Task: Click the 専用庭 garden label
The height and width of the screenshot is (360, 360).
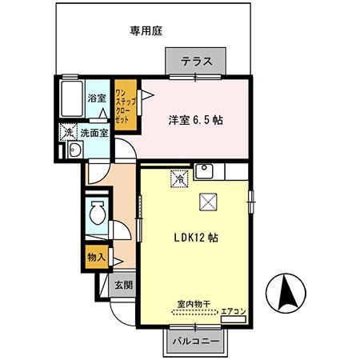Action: (x=146, y=31)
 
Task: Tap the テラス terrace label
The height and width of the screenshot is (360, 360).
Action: (x=197, y=62)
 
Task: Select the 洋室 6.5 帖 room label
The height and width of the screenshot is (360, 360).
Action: (x=195, y=120)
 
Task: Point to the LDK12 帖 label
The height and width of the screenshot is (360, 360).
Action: (x=196, y=238)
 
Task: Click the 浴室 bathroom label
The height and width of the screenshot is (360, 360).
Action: (x=97, y=98)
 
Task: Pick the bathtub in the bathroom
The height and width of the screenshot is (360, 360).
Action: (x=72, y=98)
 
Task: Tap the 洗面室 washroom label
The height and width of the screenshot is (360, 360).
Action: (x=94, y=133)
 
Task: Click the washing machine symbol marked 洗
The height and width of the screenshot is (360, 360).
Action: (x=69, y=132)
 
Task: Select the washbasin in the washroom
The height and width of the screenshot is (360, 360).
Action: (x=75, y=150)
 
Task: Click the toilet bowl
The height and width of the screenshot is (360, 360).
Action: (x=98, y=213)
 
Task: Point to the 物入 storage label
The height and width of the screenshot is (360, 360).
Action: (x=97, y=258)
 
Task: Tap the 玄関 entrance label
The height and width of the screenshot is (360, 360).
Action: (x=124, y=285)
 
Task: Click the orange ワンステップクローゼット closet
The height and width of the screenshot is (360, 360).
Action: (x=126, y=105)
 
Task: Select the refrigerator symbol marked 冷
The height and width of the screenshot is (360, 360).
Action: (x=180, y=178)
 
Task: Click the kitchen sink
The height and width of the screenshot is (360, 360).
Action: (x=204, y=171)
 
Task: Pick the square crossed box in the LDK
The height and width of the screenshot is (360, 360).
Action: (x=208, y=202)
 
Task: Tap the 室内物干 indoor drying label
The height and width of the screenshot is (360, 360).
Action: (x=194, y=304)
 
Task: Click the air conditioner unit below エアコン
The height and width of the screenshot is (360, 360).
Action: (x=234, y=319)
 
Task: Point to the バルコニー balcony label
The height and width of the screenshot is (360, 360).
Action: (x=196, y=341)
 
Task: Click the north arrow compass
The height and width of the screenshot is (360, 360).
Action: (x=286, y=293)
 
